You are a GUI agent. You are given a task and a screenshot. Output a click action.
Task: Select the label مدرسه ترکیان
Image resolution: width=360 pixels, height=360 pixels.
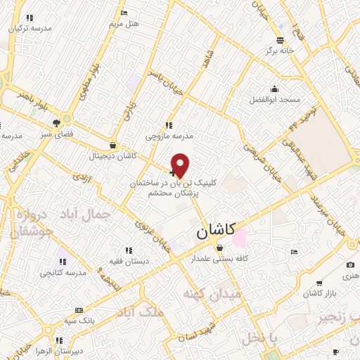[30, 29]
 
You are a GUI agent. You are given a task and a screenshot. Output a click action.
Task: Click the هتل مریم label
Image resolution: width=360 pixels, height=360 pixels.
[124, 24]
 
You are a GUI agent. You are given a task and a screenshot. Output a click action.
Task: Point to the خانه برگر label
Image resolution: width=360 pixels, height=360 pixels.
[280, 51]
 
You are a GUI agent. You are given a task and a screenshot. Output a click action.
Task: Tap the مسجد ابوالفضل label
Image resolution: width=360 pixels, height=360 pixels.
[274, 100]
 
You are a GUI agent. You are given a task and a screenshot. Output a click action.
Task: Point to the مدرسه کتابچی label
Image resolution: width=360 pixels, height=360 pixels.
[63, 272]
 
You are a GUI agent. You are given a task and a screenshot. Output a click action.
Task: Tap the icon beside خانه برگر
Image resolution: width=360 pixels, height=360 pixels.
[280, 39]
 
